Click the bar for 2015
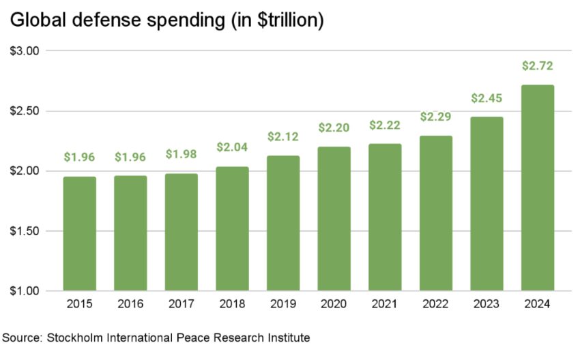pyautogui.click(x=80, y=234)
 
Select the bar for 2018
pyautogui.click(x=233, y=229)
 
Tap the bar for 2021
pyautogui.click(x=386, y=217)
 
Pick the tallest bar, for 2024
pyautogui.click(x=538, y=188)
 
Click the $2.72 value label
pyautogui.click(x=538, y=66)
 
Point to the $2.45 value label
pyautogui.click(x=487, y=98)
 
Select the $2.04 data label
pyautogui.click(x=233, y=147)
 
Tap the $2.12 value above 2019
pyautogui.click(x=283, y=137)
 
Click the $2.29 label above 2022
pyautogui.click(x=436, y=117)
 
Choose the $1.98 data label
pyautogui.click(x=182, y=155)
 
